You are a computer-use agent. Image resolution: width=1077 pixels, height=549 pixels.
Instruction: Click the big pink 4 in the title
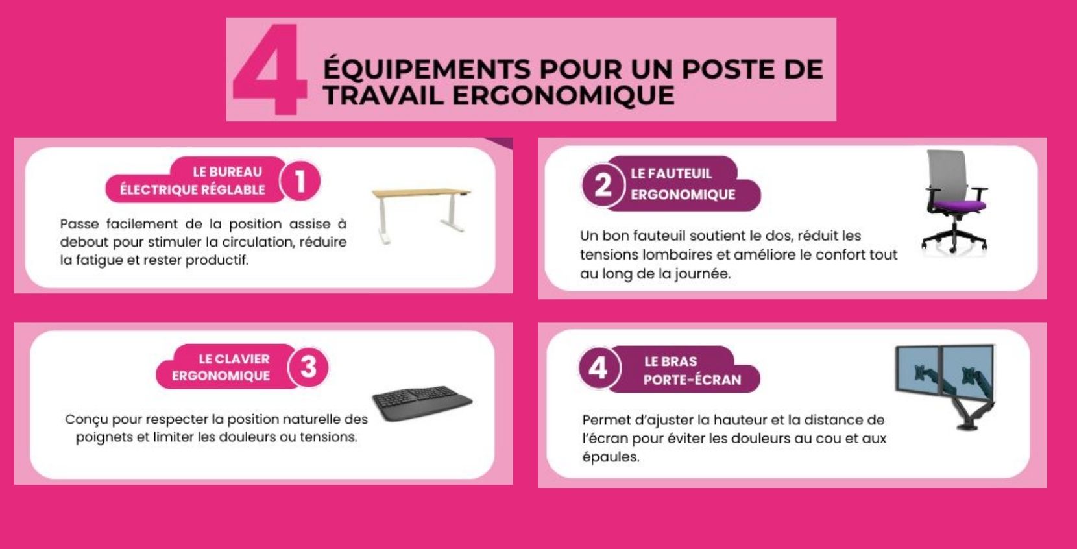pyautogui.click(x=269, y=69)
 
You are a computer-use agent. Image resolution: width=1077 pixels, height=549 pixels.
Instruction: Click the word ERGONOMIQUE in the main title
pyautogui.click(x=563, y=95)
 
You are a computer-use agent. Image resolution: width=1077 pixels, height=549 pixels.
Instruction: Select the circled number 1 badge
pyautogui.click(x=300, y=181)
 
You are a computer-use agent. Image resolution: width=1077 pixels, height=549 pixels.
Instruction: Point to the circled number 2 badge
pyautogui.click(x=603, y=185)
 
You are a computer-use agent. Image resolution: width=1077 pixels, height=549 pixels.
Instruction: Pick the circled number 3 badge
pyautogui.click(x=308, y=367)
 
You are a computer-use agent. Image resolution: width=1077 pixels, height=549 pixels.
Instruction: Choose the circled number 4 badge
pyautogui.click(x=599, y=368)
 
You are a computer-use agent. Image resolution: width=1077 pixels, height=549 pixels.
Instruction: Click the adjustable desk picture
pyautogui.click(x=420, y=215)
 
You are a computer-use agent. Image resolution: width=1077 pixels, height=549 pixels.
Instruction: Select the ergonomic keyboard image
pyautogui.click(x=422, y=404)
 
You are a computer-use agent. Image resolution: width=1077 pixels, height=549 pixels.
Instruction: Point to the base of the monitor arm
pyautogui.click(x=967, y=426)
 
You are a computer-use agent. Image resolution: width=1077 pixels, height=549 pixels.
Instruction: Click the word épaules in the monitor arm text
pyautogui.click(x=611, y=457)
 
